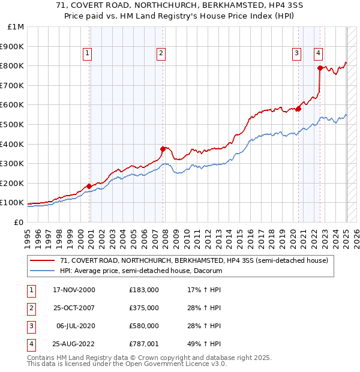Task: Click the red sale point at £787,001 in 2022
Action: pyautogui.click(x=320, y=68)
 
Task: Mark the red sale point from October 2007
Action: pyautogui.click(x=163, y=149)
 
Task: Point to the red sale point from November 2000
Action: pyautogui.click(x=89, y=186)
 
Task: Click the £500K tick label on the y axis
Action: pyautogui.click(x=12, y=124)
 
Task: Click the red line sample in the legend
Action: pyautogui.click(x=43, y=261)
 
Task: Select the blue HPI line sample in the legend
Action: pyautogui.click(x=43, y=271)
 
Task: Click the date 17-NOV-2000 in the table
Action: pyautogui.click(x=74, y=290)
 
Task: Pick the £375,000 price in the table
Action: pyautogui.click(x=144, y=308)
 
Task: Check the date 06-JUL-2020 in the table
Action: pyautogui.click(x=75, y=326)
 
